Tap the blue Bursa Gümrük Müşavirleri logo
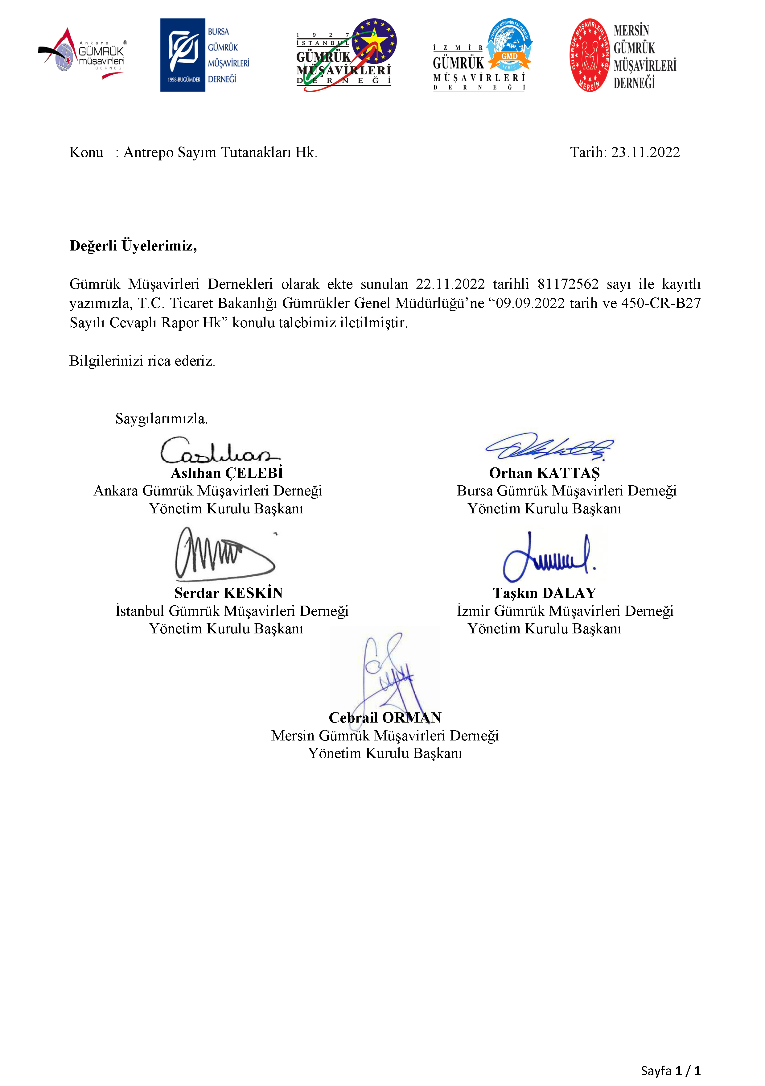click(204, 55)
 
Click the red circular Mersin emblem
click(589, 55)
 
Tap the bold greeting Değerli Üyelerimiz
click(133, 246)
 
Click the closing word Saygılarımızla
click(161, 419)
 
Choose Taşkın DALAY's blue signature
click(549, 557)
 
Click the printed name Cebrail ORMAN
click(385, 718)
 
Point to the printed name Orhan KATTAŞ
click(544, 473)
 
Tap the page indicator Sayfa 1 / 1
click(670, 1070)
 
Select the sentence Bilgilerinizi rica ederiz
click(142, 361)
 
